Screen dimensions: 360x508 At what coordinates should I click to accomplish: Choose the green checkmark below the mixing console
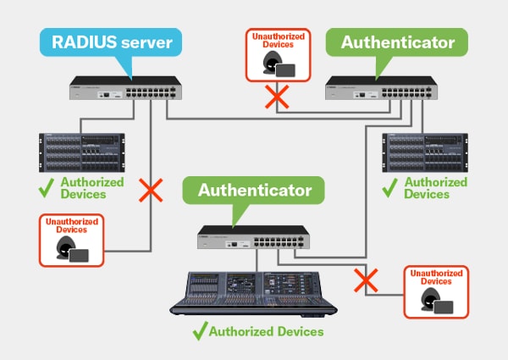(x=200, y=330)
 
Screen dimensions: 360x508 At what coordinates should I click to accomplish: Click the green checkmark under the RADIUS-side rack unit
(x=48, y=189)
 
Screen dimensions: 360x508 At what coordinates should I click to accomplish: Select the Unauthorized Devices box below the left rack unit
(x=71, y=241)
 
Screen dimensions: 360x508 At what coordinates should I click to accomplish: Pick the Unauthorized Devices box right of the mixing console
(x=436, y=292)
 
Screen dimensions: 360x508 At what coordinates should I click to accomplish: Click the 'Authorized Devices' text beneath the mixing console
(x=266, y=331)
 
